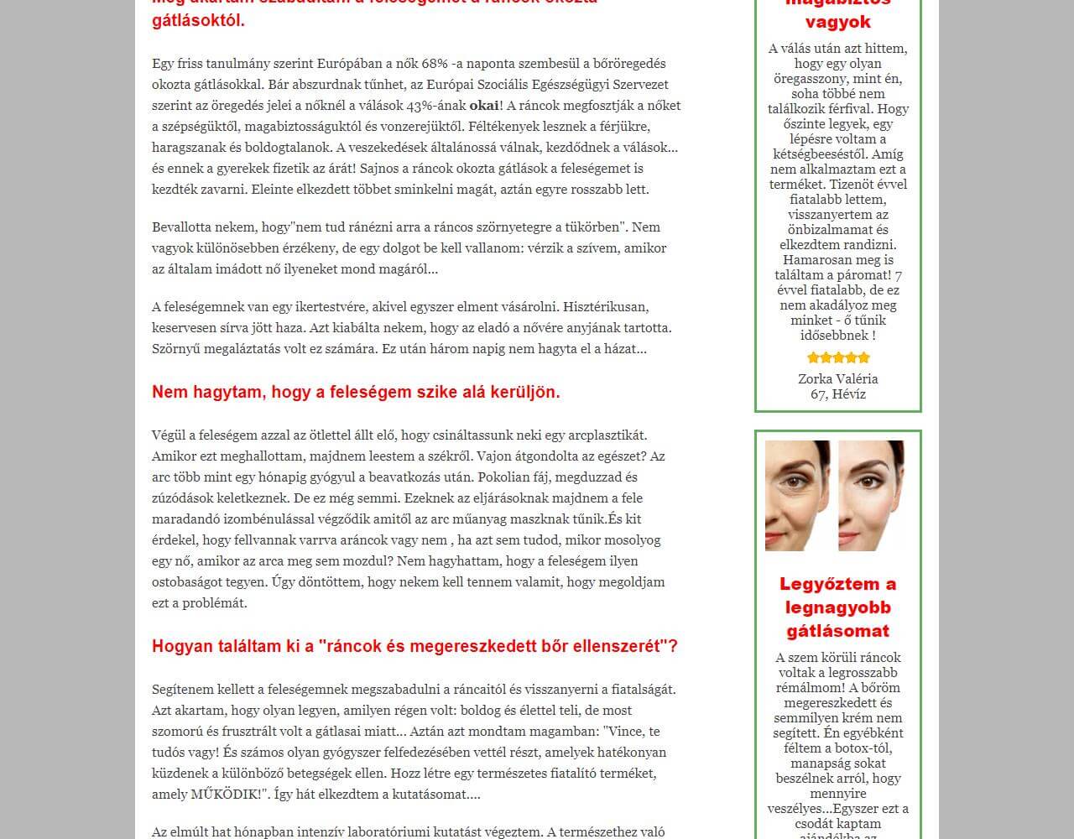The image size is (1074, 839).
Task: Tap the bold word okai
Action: coord(483,106)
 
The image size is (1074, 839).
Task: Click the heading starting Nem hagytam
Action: coord(356,392)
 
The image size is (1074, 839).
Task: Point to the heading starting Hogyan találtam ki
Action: coord(414,646)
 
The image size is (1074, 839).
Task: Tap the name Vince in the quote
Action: coord(624,732)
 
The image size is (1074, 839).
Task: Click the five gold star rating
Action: coord(838,358)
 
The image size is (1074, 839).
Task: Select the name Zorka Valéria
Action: coord(837,378)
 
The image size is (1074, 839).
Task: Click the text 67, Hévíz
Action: coord(837,393)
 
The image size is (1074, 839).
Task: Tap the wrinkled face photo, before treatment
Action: coord(797,495)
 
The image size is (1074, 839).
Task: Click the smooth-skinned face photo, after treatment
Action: coord(872,495)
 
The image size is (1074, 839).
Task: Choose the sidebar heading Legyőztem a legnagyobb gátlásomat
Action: coord(837,607)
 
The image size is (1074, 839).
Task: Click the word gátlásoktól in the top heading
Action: coord(199,20)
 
